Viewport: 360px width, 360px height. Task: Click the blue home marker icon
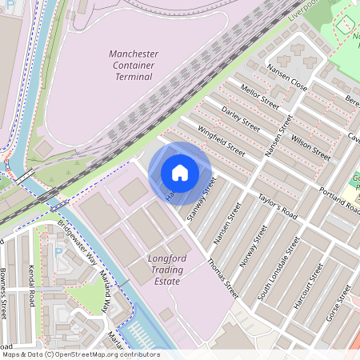click(180, 173)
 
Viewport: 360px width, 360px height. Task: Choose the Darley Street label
click(240, 118)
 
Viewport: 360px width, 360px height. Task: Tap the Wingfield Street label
click(222, 138)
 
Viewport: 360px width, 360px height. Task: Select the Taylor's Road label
click(277, 206)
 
